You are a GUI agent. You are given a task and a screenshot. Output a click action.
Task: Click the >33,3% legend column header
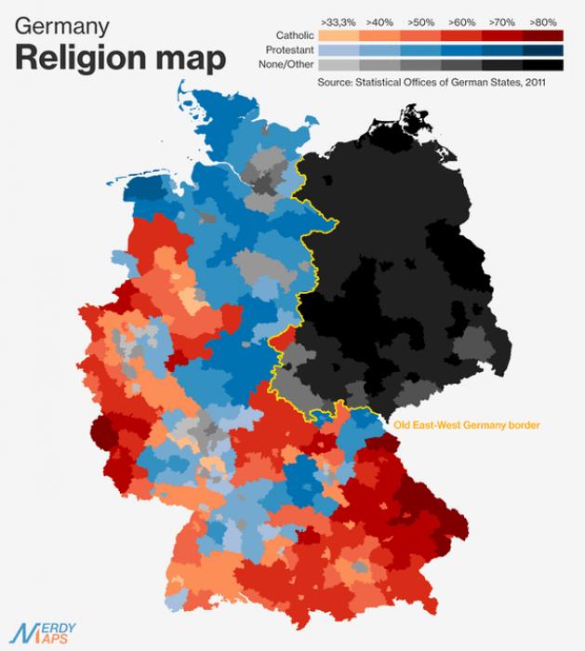point(338,20)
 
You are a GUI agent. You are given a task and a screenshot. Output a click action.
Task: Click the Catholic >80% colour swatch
point(543,35)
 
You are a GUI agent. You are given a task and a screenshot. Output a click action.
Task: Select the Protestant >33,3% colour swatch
point(338,50)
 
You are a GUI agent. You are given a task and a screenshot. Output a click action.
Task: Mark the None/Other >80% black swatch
point(543,65)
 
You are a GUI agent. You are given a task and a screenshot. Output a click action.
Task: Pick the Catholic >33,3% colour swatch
point(338,35)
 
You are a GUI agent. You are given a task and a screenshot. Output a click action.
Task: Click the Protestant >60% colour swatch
point(461,50)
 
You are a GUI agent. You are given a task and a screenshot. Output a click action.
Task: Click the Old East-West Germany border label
point(466,425)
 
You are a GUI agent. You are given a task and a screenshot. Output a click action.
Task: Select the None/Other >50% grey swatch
point(420,65)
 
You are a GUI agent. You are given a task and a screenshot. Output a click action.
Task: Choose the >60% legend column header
point(461,20)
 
